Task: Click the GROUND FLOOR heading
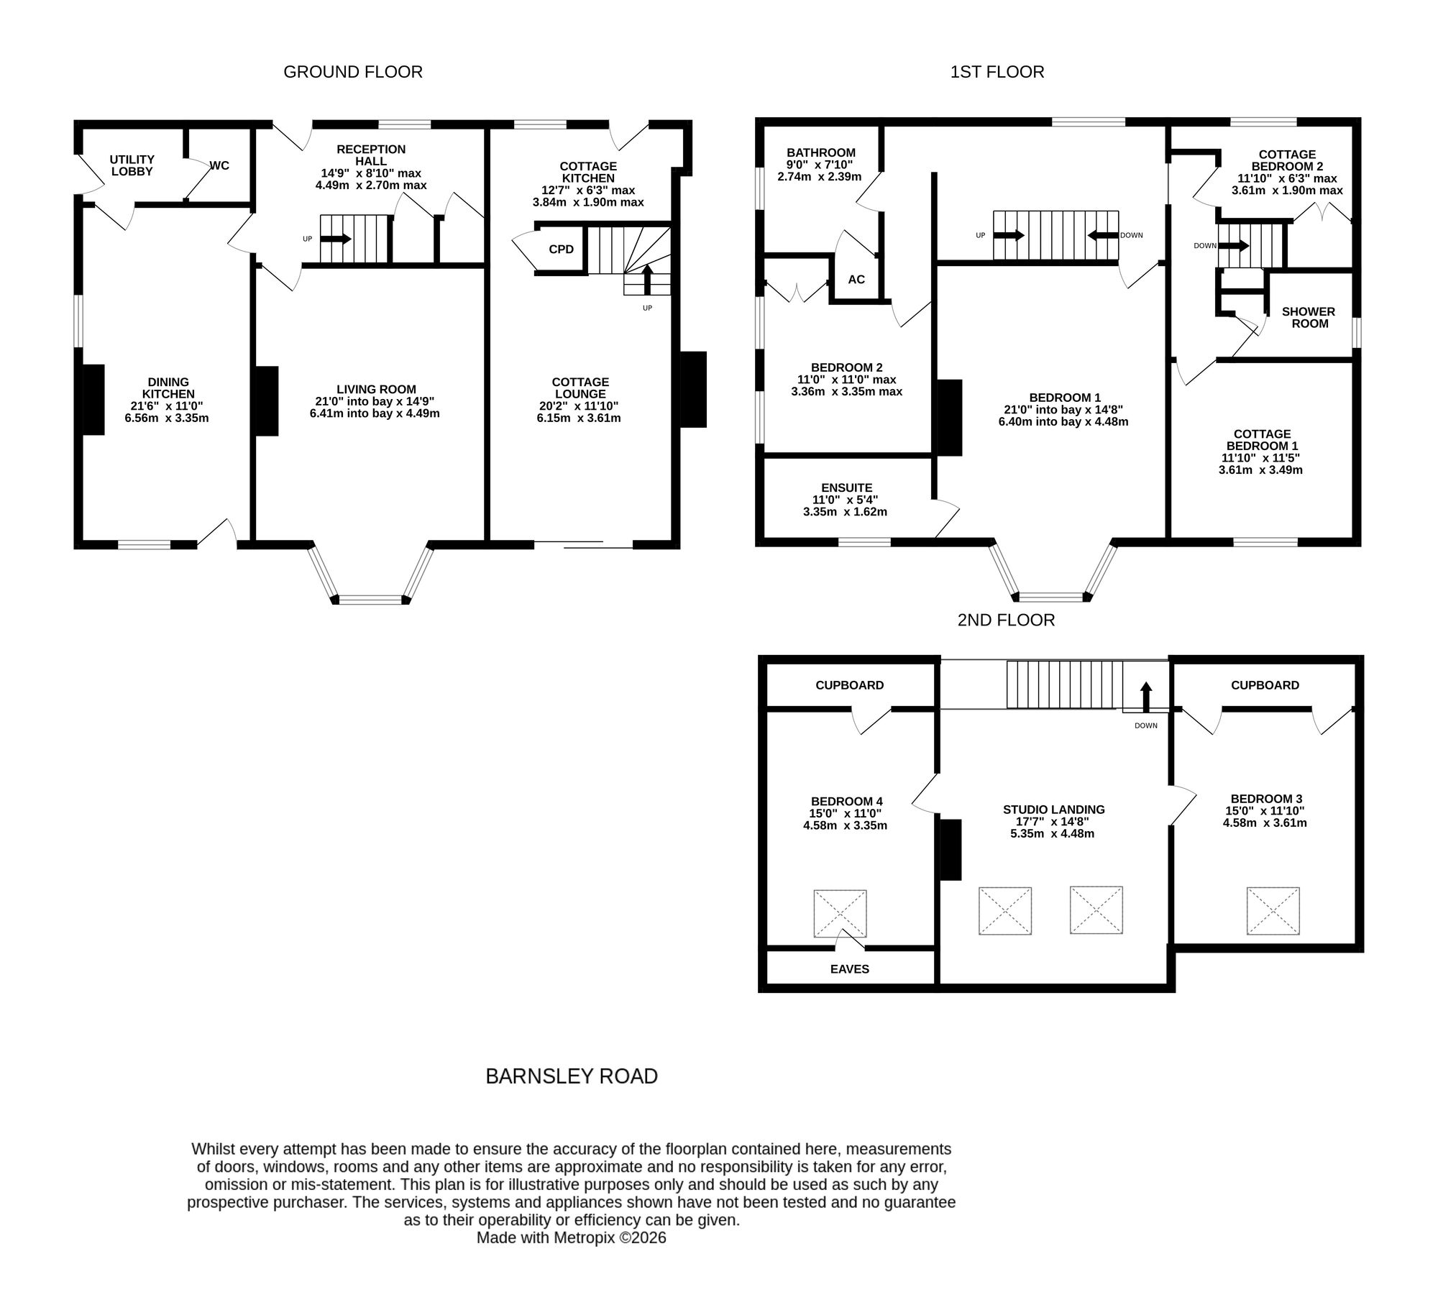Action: (x=353, y=72)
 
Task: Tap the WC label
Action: (x=219, y=165)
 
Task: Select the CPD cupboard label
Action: (x=562, y=249)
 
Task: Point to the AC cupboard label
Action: (x=856, y=280)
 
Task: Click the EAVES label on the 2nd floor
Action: (x=850, y=969)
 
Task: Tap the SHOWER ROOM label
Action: (x=1309, y=318)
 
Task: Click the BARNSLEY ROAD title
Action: (x=572, y=1076)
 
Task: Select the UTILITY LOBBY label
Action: (x=132, y=165)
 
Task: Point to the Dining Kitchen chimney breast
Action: (x=93, y=400)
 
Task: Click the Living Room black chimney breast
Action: (x=267, y=401)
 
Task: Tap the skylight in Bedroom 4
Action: (x=840, y=914)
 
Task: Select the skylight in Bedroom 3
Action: (x=1273, y=911)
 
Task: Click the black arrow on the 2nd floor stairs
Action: (x=1146, y=697)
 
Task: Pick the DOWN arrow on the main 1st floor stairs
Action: (x=1103, y=235)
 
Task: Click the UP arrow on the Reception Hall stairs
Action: (x=336, y=239)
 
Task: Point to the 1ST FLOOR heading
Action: (x=997, y=72)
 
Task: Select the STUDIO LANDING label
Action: (x=1054, y=810)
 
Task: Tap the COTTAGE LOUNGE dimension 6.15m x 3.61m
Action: (x=579, y=418)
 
